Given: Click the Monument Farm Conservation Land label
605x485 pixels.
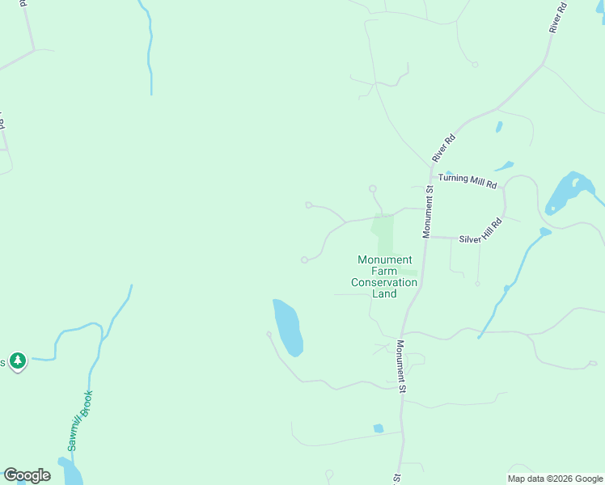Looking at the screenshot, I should tap(384, 276).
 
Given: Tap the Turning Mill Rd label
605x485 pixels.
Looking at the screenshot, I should tap(467, 180).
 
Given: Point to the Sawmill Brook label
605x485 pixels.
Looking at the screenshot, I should tap(80, 420).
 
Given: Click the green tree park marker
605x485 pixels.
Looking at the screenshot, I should tap(18, 361).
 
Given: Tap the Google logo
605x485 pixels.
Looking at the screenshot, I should tap(27, 475).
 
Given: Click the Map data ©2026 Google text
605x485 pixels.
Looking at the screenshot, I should tap(555, 479).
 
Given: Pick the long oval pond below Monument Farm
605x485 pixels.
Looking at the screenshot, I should tap(287, 327).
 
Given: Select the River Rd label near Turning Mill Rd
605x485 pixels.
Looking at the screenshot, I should tap(444, 148).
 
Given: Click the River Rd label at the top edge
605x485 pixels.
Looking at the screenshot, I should tap(558, 17).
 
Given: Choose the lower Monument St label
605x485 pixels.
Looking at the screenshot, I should tap(401, 366).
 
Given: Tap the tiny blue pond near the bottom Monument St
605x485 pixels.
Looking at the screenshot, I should tap(378, 428).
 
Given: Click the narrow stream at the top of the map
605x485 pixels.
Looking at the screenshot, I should tap(150, 48).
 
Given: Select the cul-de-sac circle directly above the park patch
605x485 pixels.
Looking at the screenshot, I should tap(372, 189).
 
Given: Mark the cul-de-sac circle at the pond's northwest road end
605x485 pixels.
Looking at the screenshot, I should tap(269, 333).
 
